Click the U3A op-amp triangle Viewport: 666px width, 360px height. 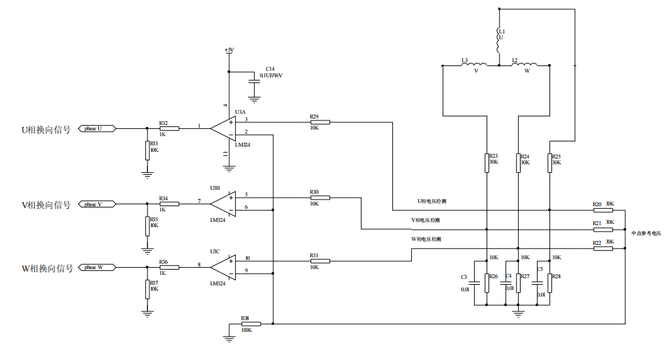[x=223, y=128]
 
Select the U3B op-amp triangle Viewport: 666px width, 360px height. [x=223, y=204]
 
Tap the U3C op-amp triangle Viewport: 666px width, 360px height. [x=223, y=266]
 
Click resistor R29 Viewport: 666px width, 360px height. [x=320, y=122]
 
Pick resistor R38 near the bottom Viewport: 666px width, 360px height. [x=251, y=324]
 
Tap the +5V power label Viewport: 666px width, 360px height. [x=229, y=50]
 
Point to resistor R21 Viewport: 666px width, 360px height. [x=602, y=230]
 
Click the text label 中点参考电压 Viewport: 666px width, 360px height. [x=646, y=233]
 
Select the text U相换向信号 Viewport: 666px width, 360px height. [x=46, y=130]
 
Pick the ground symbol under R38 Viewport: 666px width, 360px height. [x=229, y=338]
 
